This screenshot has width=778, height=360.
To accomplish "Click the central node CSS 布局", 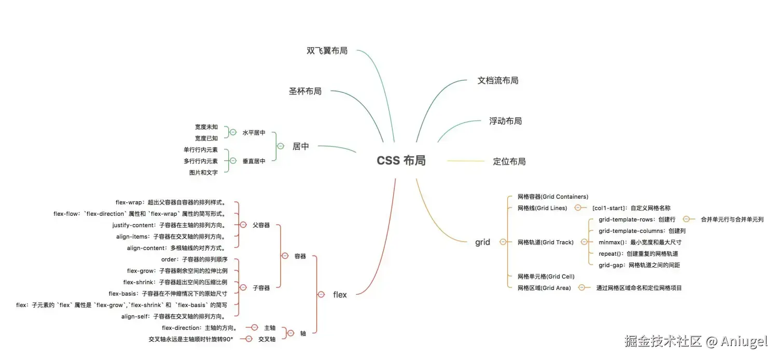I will tap(401, 161).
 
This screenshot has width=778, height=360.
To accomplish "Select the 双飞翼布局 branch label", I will tap(327, 51).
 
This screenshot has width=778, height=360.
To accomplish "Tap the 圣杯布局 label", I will tap(305, 91).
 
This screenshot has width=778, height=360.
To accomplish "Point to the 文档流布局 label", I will tap(498, 80).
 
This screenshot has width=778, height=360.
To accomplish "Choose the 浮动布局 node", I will tap(505, 121).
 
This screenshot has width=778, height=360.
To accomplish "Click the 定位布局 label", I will tap(509, 161).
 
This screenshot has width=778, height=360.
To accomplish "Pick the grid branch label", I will tap(482, 242).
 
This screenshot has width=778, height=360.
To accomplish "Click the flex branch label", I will tap(340, 295).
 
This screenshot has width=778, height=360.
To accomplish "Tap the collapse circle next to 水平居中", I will tap(233, 132).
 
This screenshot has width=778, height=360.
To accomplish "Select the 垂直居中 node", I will tap(254, 161).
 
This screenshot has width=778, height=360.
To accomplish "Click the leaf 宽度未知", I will tap(206, 127).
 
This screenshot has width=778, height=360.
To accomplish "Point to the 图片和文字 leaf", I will tap(203, 173).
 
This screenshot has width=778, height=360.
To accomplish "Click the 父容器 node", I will tap(261, 225).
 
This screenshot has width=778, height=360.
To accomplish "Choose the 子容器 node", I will tap(261, 288).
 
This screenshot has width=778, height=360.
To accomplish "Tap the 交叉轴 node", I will tap(267, 339).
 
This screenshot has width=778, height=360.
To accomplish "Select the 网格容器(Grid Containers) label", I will tap(552, 197).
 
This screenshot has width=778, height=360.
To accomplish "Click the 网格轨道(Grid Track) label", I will tap(545, 242).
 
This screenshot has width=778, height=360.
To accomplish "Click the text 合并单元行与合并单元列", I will tap(732, 219).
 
